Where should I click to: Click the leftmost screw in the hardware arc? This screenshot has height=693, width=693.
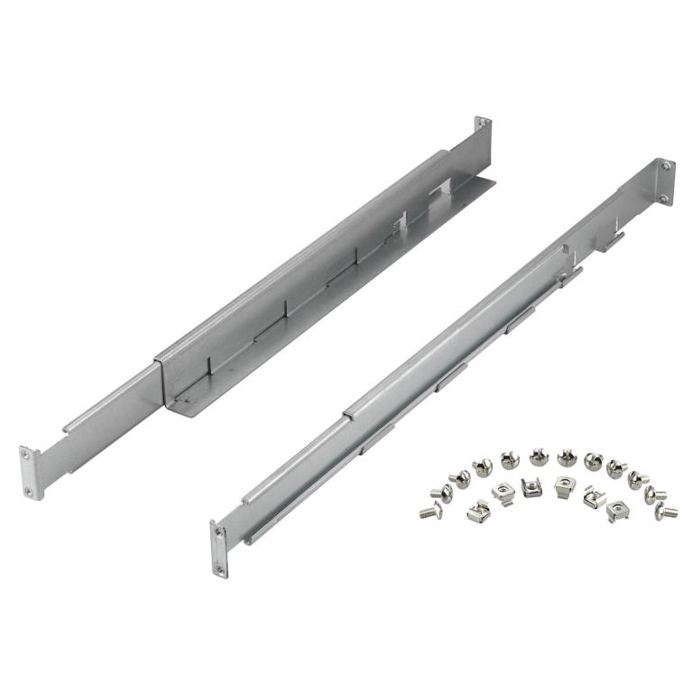click(428, 511)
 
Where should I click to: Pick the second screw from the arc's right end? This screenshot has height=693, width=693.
click(656, 494)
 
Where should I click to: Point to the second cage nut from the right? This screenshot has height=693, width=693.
click(593, 494)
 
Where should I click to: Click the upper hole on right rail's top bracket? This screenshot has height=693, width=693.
click(665, 167)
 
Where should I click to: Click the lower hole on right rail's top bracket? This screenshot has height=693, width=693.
click(664, 198)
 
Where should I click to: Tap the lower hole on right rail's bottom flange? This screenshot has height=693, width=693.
click(218, 566)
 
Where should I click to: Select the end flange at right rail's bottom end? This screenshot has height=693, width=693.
click(218, 549)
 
